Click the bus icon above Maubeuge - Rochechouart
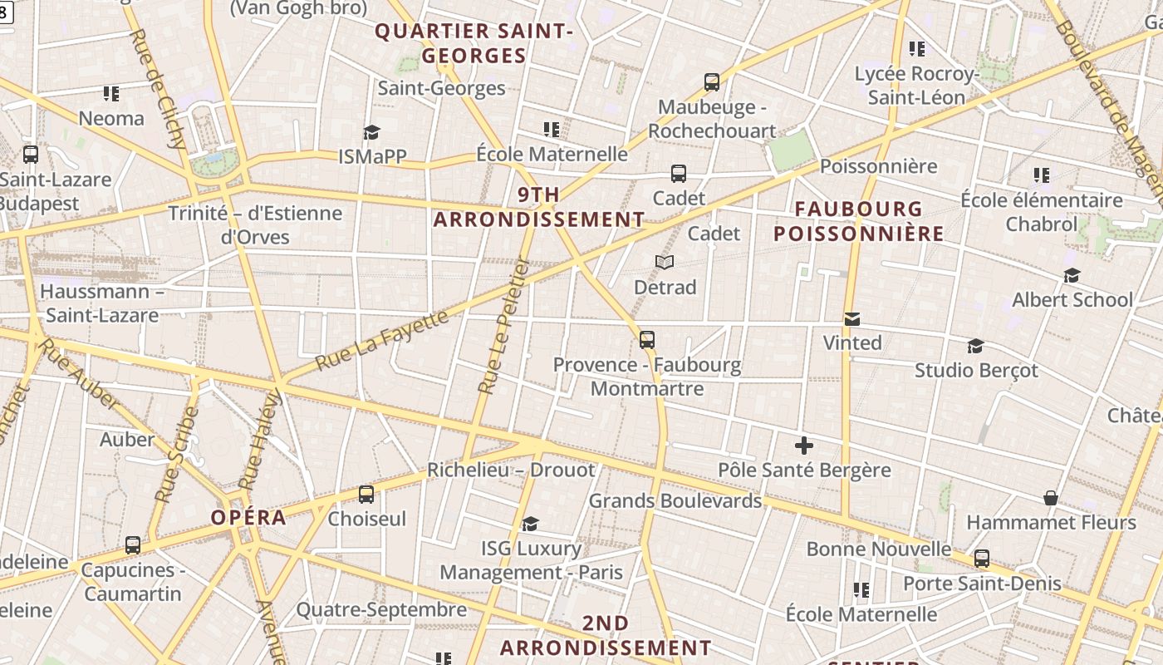click(x=712, y=81)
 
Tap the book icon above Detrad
click(x=664, y=262)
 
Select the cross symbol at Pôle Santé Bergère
click(x=803, y=445)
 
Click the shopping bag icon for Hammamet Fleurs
click(x=1051, y=497)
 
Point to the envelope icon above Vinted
click(x=852, y=318)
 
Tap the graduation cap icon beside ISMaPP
click(x=371, y=132)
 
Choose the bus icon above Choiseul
click(x=366, y=495)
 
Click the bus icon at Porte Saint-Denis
click(x=982, y=559)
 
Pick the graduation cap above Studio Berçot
click(x=976, y=346)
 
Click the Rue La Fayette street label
click(x=383, y=341)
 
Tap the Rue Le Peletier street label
click(x=504, y=325)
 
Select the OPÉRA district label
click(x=248, y=518)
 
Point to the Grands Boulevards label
click(x=675, y=501)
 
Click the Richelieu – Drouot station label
click(x=511, y=470)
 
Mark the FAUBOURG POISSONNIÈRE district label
click(x=859, y=221)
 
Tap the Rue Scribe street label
click(x=177, y=455)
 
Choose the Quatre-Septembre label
click(x=381, y=610)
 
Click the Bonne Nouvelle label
click(x=879, y=549)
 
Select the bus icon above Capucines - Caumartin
click(x=133, y=545)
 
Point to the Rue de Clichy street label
click(x=158, y=89)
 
